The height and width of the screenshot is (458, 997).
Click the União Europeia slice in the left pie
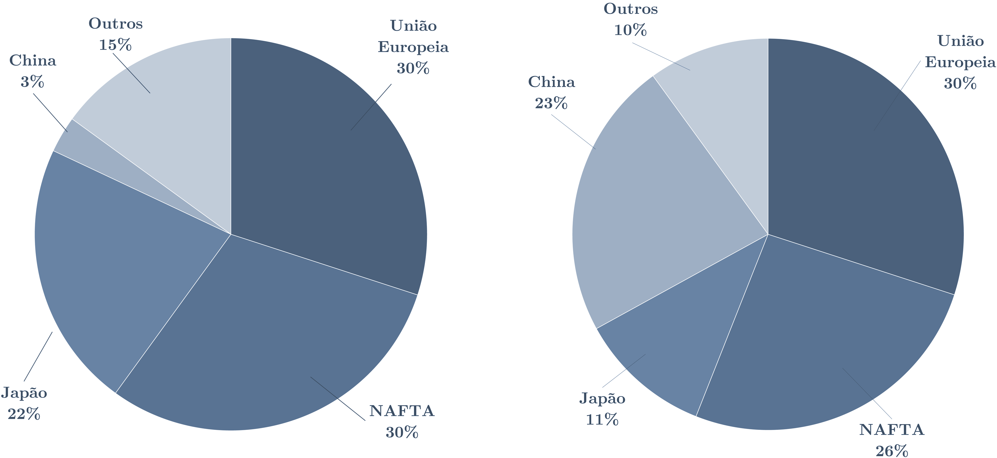(329, 155)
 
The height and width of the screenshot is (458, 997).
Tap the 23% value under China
(551, 103)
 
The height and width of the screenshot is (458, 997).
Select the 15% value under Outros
(115, 45)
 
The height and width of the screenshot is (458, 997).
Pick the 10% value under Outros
(630, 30)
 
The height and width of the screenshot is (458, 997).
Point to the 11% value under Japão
(602, 420)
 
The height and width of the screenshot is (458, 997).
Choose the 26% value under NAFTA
(891, 451)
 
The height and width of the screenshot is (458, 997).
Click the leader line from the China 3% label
(50, 113)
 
